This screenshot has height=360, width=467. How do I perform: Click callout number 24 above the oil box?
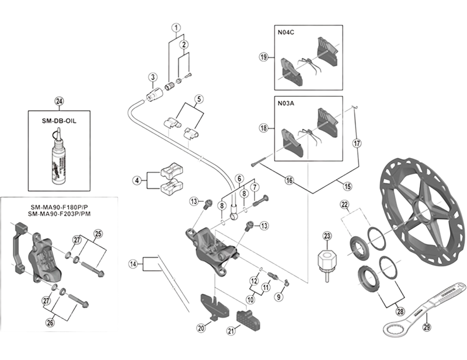(x=58, y=101)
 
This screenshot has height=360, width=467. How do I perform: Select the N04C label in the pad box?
(x=287, y=33)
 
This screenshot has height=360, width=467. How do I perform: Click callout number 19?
(x=264, y=57)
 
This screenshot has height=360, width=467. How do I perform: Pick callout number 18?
(x=264, y=127)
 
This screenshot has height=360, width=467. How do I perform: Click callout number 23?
(x=327, y=236)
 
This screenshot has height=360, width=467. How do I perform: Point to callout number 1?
(x=176, y=27)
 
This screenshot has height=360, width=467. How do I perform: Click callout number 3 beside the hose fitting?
(x=152, y=77)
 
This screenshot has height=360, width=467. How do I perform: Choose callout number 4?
(x=137, y=181)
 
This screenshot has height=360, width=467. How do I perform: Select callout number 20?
(x=201, y=328)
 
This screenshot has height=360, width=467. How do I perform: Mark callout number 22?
(x=345, y=204)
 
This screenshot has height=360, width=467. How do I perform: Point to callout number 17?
(x=357, y=142)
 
